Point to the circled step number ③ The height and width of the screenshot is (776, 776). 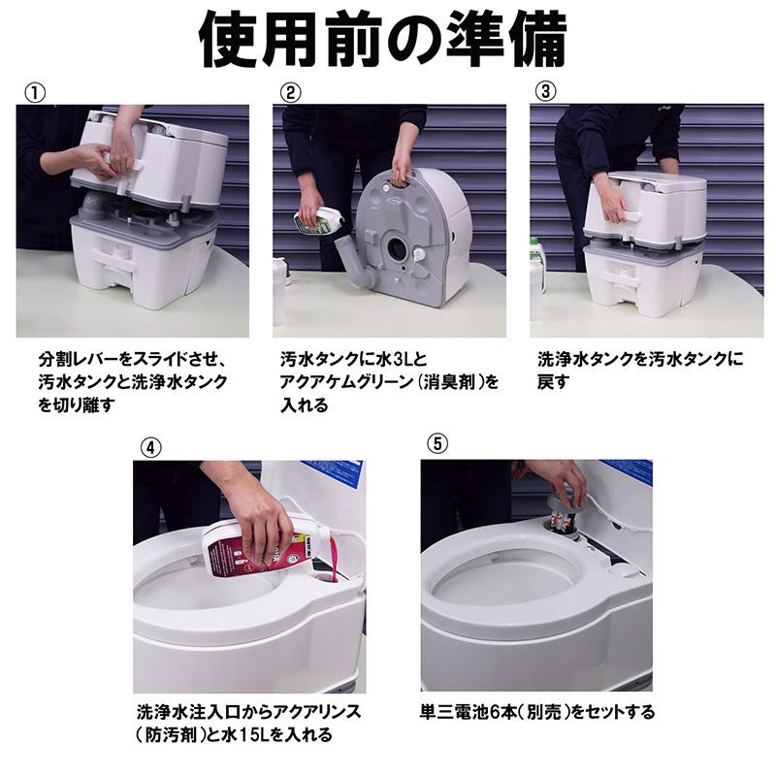coord(546,92)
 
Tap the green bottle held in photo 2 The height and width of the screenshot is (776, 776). coord(320,221)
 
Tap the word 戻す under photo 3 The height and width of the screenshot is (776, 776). coord(553,382)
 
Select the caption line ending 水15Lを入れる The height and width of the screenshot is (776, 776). coord(233,735)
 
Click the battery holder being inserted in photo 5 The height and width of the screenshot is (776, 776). coord(563,508)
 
